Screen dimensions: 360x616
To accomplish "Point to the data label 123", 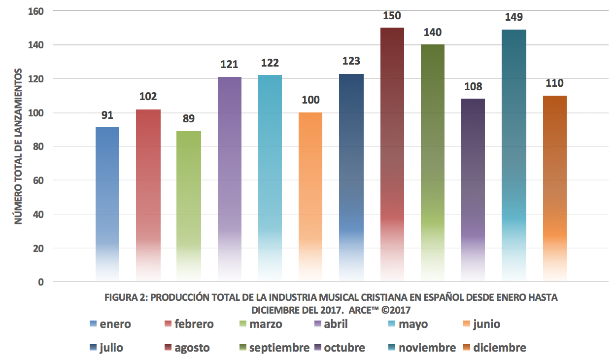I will click(351, 62).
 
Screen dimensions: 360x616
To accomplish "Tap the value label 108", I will click(473, 87).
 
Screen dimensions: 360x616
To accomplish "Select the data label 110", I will click(554, 83).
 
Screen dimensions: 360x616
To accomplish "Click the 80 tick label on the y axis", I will click(39, 147).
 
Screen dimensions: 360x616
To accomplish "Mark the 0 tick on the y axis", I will click(41, 283).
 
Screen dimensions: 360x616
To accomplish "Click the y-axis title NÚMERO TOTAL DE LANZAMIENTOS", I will click(18, 147).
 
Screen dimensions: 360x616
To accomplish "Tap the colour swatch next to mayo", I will click(391, 324).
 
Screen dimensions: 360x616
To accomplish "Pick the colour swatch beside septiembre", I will click(241, 348).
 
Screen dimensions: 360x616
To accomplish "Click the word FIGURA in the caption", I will click(120, 298).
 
